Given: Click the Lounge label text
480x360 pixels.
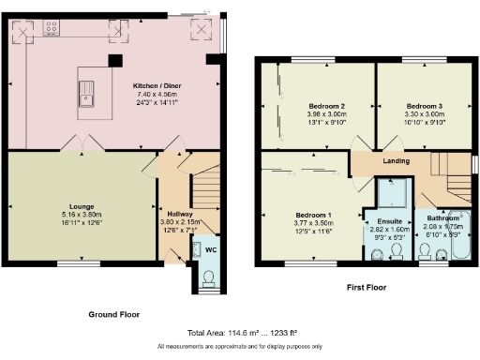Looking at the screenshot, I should coord(82,204).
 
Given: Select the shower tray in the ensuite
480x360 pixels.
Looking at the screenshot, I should coord(395,194).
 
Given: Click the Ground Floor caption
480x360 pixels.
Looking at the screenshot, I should coord(113,314).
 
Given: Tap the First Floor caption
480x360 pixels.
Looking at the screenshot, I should coord(367,287).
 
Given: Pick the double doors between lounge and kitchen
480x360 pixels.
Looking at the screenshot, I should coord(81,144).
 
